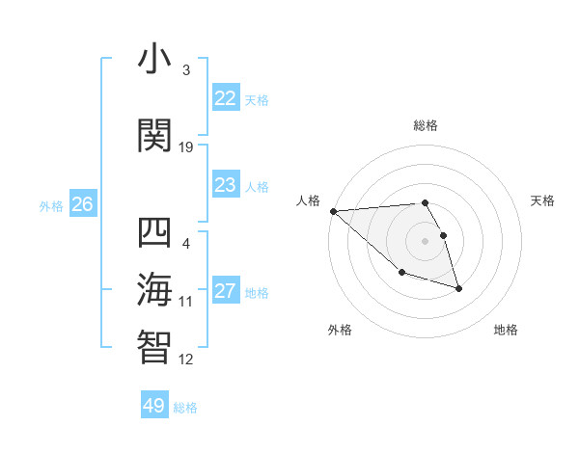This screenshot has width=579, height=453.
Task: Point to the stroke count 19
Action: click(x=186, y=147)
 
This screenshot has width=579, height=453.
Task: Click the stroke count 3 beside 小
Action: click(x=186, y=70)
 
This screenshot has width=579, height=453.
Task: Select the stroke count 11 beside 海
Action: click(x=186, y=302)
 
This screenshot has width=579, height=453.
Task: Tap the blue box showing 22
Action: click(x=225, y=98)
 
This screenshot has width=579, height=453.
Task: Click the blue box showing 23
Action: click(x=225, y=185)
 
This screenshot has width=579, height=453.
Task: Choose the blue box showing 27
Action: click(x=225, y=291)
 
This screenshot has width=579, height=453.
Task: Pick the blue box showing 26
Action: click(x=83, y=204)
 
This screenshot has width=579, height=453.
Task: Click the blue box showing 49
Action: click(x=154, y=406)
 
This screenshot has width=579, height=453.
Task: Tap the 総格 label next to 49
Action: click(x=185, y=408)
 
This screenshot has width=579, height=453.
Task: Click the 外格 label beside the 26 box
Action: click(x=51, y=205)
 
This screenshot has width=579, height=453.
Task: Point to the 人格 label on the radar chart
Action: click(x=309, y=200)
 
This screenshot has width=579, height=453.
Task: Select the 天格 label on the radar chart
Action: click(x=543, y=200)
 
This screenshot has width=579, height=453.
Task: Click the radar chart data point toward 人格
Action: click(x=333, y=211)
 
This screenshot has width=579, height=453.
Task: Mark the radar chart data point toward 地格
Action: click(x=458, y=288)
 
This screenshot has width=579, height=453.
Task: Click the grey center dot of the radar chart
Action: click(x=425, y=241)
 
